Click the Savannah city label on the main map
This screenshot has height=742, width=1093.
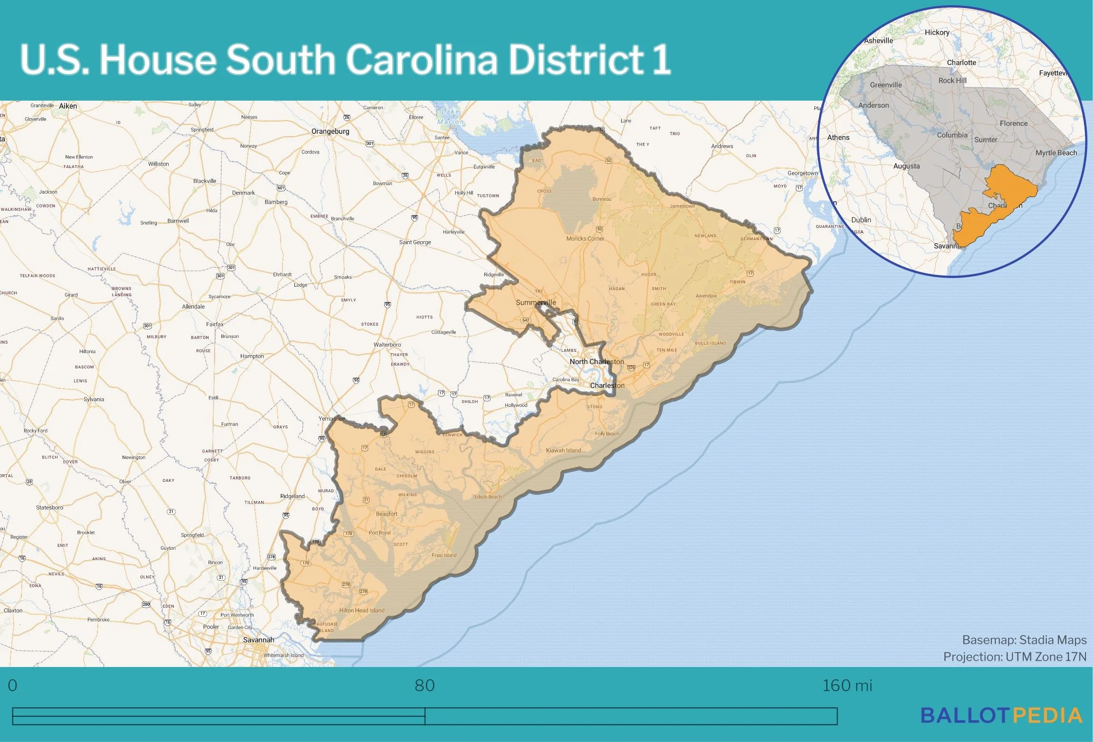[x=258, y=639]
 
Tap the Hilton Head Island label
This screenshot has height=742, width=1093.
[x=362, y=611]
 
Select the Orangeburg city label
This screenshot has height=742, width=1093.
[x=330, y=131]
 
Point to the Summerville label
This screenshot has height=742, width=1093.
[x=536, y=302]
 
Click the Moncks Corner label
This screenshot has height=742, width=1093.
[x=585, y=239]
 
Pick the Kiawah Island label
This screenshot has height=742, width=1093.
[x=563, y=451]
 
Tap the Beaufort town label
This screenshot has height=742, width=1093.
[x=386, y=514]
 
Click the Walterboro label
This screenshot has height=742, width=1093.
[x=387, y=345]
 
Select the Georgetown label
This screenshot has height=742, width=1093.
[x=802, y=173]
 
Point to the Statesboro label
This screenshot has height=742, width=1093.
[x=49, y=507]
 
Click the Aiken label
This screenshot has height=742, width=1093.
[x=68, y=106]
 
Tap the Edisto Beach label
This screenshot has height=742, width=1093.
[x=488, y=497]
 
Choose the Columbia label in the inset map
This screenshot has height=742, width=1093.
[x=952, y=135]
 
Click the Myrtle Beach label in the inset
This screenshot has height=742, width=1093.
[x=1056, y=153]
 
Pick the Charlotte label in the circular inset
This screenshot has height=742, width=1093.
[x=961, y=63]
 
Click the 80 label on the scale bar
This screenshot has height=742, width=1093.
[x=424, y=686]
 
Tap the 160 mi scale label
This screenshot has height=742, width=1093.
[x=847, y=686]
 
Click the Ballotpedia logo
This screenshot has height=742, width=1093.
[x=1002, y=716]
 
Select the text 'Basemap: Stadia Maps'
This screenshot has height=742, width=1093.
[x=1024, y=640]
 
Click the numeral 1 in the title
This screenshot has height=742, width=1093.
[x=661, y=59]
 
